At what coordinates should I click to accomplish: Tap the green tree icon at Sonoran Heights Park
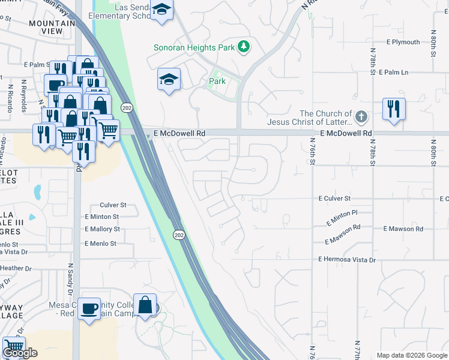pos(243,46)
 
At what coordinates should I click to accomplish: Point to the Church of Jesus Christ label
pos(326,118)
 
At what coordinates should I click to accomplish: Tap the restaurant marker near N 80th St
pos(394,109)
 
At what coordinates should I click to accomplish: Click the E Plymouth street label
pos(403,42)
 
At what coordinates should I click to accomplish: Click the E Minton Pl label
pos(342,217)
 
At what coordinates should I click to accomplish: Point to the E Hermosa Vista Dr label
pos(347,260)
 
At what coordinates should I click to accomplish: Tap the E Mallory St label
pos(102,229)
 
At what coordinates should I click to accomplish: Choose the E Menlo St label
pos(100,244)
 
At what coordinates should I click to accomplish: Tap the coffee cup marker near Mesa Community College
pos(89,308)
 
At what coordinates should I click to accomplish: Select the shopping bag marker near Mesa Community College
pos(145,305)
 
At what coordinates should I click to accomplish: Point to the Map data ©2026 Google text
pos(411,355)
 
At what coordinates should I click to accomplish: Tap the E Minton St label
pos(102,217)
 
